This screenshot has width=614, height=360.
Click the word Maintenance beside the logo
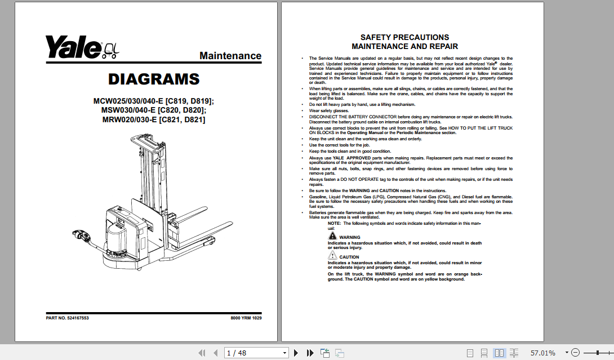coord(230,56)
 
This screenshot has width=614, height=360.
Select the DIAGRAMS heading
coord(154,79)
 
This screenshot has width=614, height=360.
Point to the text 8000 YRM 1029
coord(246,318)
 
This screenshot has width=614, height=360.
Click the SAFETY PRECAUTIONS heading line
coord(404,37)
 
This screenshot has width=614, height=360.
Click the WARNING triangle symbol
coord(333,237)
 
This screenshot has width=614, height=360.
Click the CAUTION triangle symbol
coord(333,256)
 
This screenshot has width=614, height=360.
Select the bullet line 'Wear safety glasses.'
coord(330,110)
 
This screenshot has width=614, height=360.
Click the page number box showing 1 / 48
coord(256,353)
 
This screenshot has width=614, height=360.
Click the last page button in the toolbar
coord(310,353)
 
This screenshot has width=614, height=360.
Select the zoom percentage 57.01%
coord(543,353)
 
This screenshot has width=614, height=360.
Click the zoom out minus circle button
coord(575,353)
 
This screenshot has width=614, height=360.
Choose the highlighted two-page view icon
coord(500,353)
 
